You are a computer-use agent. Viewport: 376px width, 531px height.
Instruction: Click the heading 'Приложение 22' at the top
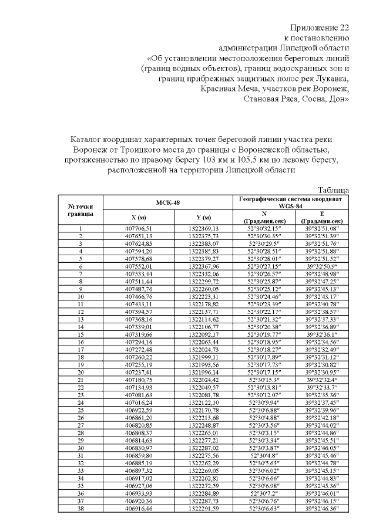pyautogui.click(x=320, y=28)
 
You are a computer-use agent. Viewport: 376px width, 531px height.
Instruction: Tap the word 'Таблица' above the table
pyautogui.click(x=334, y=190)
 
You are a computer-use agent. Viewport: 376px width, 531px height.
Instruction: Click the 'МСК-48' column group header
pyautogui.click(x=168, y=202)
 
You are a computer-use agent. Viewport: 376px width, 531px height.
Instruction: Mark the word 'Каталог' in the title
pyautogui.click(x=86, y=140)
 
